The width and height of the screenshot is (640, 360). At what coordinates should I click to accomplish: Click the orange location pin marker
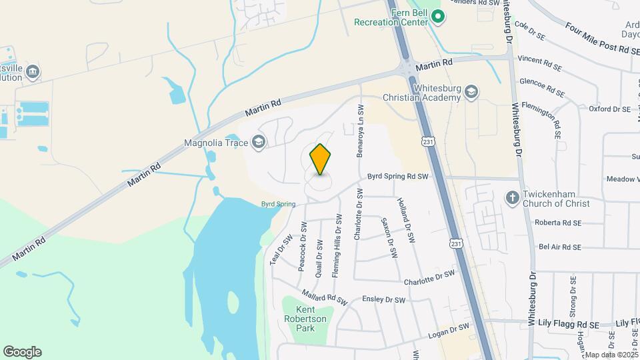(321, 159)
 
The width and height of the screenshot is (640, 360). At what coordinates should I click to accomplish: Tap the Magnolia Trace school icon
(258, 141)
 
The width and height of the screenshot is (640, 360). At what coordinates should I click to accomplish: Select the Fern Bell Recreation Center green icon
(437, 16)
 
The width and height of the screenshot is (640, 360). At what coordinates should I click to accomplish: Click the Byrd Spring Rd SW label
(397, 177)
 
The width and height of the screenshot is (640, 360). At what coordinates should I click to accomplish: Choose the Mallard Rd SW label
(324, 297)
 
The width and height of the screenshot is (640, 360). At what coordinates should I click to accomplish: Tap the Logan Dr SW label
(450, 327)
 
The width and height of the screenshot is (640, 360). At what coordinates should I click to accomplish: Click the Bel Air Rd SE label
(560, 247)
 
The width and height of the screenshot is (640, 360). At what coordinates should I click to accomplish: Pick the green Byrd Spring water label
(277, 204)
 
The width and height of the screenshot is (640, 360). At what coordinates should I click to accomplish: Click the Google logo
(22, 352)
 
